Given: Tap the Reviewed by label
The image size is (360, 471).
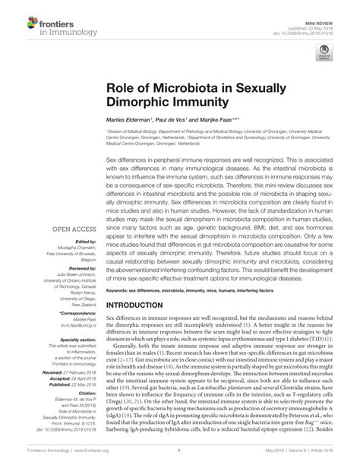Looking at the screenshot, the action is coord(80,268).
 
